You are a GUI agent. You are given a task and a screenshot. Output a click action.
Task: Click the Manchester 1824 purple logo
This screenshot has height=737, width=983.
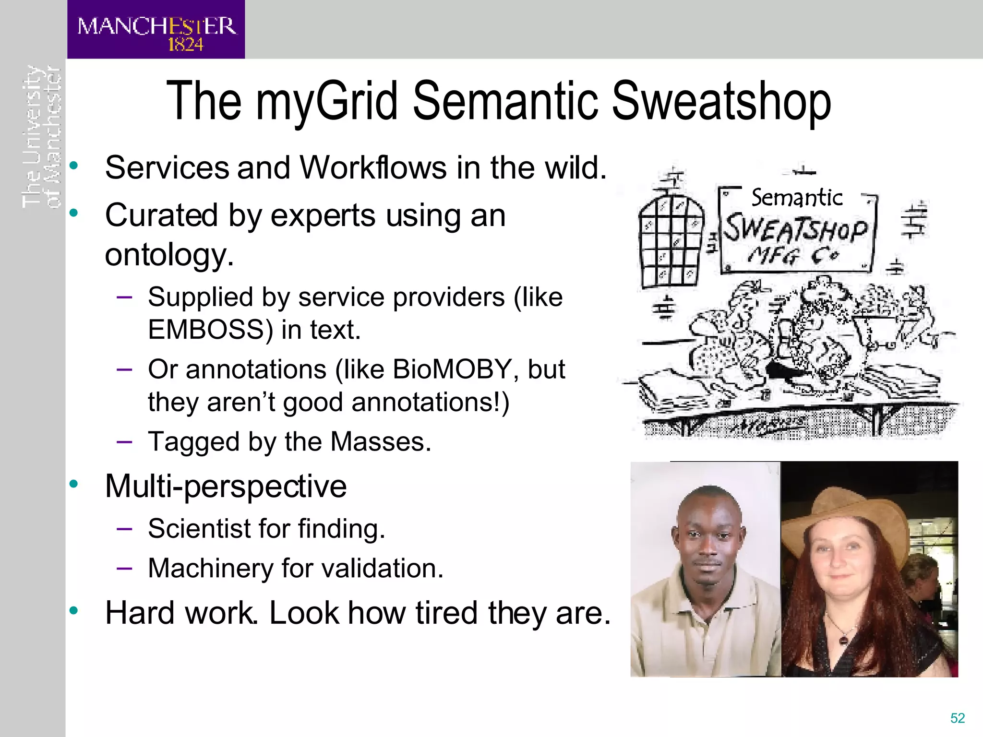(x=156, y=30)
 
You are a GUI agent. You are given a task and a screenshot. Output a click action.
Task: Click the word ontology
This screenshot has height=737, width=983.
(x=169, y=255)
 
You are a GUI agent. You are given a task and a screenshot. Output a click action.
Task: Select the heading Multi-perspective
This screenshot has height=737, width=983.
(x=226, y=486)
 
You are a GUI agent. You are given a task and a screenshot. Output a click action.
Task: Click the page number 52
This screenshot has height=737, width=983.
(x=957, y=718)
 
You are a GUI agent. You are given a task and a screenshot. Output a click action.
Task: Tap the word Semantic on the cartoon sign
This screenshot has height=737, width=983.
(x=796, y=198)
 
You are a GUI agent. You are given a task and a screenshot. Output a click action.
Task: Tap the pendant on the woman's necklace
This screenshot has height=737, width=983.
(x=842, y=640)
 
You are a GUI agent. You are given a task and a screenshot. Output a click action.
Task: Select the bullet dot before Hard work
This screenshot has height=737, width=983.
(x=73, y=611)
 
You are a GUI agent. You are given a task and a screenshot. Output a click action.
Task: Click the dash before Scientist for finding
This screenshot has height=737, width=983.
(x=124, y=529)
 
